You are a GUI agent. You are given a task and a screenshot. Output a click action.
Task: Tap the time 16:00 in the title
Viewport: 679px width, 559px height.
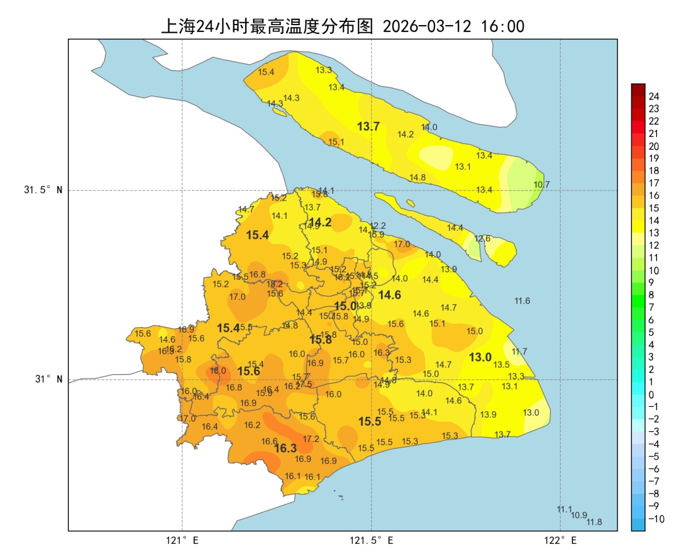click(x=502, y=26)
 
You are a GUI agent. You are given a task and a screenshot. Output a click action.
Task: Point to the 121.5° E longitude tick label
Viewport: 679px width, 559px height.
click(x=372, y=540)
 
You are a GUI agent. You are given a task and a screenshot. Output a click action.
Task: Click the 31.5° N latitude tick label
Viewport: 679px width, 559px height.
click(x=43, y=190)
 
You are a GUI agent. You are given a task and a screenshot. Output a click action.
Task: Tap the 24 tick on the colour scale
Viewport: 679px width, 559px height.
click(x=654, y=96)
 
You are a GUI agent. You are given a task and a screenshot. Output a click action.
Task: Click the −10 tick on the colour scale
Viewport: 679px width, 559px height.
click(x=656, y=519)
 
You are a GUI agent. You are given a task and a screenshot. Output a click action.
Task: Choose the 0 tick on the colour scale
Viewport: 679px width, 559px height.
click(x=651, y=394)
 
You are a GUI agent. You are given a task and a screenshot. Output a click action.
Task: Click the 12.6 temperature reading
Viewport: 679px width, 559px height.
click(x=482, y=238)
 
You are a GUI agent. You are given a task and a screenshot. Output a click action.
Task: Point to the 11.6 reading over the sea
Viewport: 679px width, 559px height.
click(x=522, y=301)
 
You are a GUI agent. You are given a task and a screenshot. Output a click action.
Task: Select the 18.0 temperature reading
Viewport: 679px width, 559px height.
click(x=218, y=371)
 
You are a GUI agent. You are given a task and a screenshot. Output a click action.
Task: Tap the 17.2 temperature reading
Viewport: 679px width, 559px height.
click(x=311, y=439)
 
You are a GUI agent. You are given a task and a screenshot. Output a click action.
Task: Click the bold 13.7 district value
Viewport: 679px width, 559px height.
click(x=368, y=126)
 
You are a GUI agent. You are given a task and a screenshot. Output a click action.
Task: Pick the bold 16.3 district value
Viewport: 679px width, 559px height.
click(x=285, y=448)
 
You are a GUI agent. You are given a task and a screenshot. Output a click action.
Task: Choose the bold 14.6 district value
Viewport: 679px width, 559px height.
click(x=390, y=295)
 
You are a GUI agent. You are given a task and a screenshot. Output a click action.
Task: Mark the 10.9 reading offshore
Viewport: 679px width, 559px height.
click(x=579, y=515)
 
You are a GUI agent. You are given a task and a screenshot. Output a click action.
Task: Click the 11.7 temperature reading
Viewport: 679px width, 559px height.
click(x=519, y=351)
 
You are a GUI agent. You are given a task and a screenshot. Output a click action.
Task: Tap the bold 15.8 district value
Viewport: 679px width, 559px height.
click(x=321, y=340)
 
